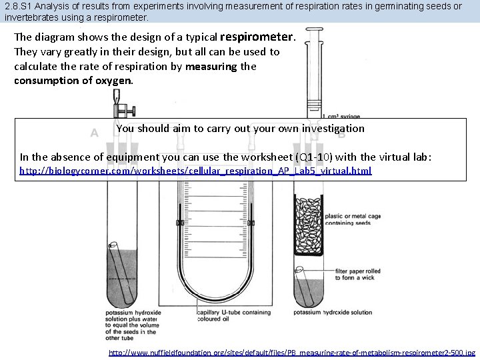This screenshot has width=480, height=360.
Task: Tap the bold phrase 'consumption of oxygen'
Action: pyautogui.click(x=73, y=81)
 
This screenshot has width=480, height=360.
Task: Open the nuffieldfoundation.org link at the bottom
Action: pyautogui.click(x=292, y=352)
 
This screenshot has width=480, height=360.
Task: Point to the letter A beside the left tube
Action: pyautogui.click(x=94, y=133)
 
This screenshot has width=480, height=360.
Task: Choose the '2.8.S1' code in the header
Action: pyautogui.click(x=17, y=6)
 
